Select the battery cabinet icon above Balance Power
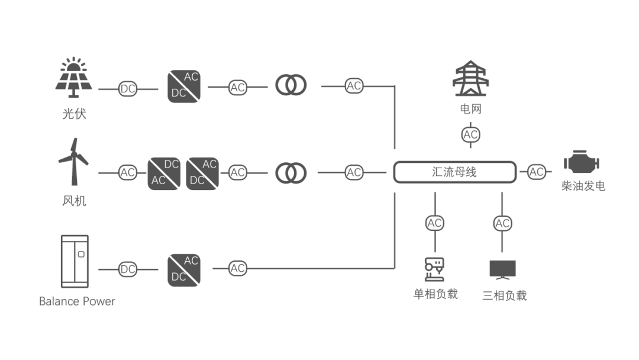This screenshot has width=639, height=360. [75, 261]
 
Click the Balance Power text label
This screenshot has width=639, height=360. [77, 301]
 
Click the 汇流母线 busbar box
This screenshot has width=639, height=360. [454, 172]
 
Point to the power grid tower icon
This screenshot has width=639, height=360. [471, 79]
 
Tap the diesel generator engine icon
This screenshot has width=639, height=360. [582, 164]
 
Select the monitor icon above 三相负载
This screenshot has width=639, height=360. [503, 269]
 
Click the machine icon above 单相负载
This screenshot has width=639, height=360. [435, 269]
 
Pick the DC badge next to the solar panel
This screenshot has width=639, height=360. [128, 89]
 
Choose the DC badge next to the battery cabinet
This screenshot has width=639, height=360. [128, 269]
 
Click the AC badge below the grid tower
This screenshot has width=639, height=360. [470, 134]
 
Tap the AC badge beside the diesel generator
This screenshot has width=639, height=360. [537, 172]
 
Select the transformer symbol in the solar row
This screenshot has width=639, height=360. [291, 86]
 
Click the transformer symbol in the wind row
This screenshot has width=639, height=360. [291, 173]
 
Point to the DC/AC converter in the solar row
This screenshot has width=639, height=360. [183, 86]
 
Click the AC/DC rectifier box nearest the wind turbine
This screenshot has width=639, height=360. [164, 173]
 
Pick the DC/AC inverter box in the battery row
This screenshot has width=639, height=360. [183, 269]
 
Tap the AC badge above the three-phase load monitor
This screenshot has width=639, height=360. [502, 223]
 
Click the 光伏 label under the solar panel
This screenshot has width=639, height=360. [74, 113]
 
